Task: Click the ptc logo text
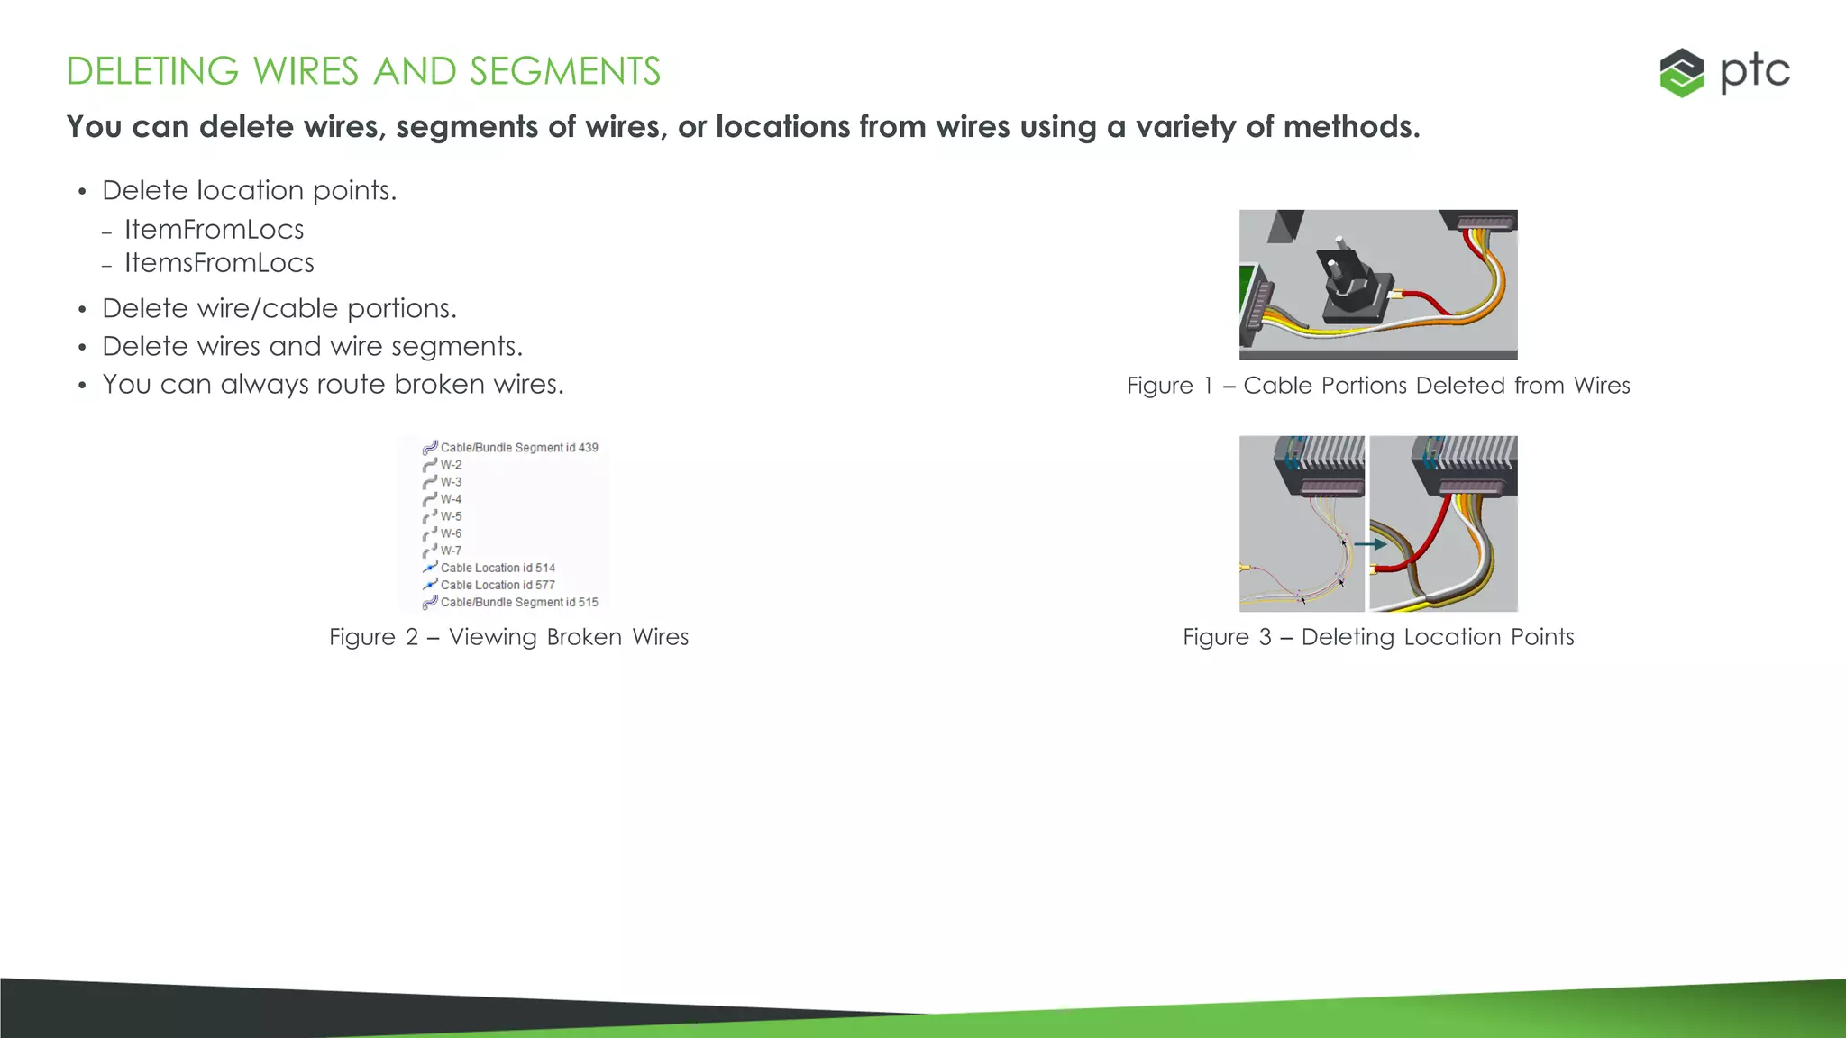[1754, 72]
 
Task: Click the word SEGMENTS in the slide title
[565, 71]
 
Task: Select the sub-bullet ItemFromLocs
[214, 230]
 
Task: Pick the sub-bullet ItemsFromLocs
[219, 263]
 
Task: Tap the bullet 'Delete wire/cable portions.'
[279, 308]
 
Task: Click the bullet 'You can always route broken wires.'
[333, 384]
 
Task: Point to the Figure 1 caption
[1378, 386]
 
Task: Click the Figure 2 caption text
[508, 637]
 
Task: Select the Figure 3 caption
[1378, 637]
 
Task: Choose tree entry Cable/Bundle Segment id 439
[518, 448]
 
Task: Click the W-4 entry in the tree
[451, 499]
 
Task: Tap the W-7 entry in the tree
[451, 551]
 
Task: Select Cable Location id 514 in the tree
[498, 568]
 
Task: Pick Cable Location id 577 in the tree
[498, 585]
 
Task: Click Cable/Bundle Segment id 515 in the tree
[518, 602]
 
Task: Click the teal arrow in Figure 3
[1370, 544]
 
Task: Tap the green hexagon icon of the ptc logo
[1682, 72]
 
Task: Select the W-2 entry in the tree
[451, 465]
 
